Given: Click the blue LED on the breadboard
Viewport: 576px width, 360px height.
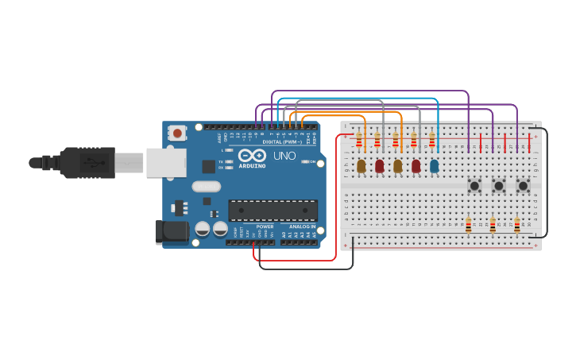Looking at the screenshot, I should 434,166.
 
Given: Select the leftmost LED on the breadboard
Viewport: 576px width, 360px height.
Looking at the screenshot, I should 361,166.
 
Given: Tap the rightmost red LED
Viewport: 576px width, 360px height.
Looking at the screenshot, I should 416,166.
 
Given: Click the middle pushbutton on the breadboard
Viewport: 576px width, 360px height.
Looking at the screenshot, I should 498,186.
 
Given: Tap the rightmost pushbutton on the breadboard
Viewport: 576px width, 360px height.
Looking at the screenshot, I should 523,186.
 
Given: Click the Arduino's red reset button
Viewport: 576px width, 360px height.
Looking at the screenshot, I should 177,133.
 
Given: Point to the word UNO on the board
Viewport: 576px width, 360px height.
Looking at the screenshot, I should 284,156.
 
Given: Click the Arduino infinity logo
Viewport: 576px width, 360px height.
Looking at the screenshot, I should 252,156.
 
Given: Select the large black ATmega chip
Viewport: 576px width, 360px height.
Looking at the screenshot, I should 273,210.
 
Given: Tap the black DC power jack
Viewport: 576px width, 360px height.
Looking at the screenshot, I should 172,231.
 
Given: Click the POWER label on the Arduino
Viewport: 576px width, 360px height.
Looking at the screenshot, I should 265,226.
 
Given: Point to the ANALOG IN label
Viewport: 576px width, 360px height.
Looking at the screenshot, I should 301,226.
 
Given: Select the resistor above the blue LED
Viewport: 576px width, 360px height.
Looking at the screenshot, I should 432,141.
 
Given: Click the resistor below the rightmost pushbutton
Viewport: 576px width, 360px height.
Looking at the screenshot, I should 516,226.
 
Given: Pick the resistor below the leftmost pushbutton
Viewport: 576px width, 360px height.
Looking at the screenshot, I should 468,226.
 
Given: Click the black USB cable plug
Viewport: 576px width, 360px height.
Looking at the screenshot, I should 87,163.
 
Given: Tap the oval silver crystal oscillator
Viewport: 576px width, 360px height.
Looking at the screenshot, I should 206,187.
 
